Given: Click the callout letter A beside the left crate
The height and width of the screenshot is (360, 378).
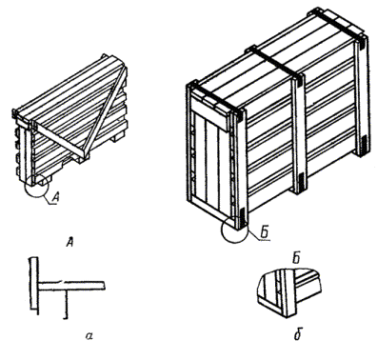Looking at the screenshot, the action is point(55,197).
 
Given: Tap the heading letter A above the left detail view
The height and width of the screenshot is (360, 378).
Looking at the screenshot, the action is point(70,242).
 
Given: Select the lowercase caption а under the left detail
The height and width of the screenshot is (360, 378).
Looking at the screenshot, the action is point(90,335).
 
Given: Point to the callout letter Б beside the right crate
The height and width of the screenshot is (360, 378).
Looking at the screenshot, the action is point(265,233).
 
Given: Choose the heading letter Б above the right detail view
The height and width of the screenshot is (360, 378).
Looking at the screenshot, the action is point(296,259).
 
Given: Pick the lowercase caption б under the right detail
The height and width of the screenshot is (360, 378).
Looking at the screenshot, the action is point(297,335).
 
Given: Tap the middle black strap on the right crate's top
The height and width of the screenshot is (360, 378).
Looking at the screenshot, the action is point(273,63).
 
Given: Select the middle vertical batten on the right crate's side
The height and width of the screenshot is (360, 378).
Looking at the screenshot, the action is point(299,133).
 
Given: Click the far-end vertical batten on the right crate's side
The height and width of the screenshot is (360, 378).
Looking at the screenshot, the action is point(361,97).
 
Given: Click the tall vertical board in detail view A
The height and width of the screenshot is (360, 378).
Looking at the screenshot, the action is point(34,285).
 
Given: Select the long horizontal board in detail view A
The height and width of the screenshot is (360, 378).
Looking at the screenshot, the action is point(71,286).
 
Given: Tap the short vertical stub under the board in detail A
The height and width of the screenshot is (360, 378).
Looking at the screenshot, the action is point(66,303).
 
